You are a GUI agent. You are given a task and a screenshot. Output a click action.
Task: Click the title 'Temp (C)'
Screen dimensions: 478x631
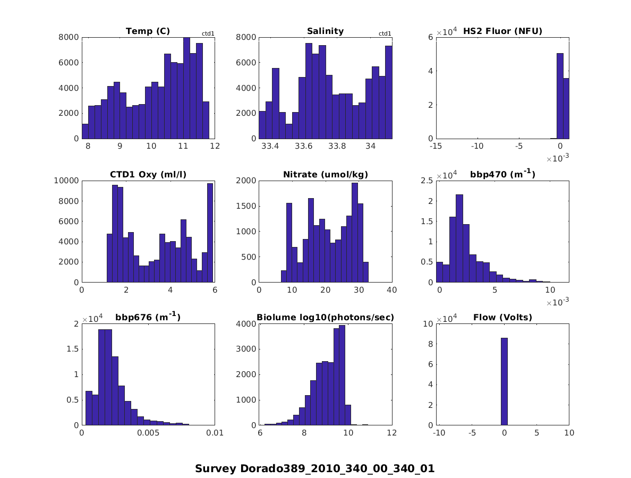click(148, 31)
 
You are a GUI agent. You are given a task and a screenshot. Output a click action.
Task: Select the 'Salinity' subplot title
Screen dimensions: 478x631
click(325, 31)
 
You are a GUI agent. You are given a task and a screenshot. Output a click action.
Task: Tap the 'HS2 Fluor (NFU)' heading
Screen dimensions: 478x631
click(502, 31)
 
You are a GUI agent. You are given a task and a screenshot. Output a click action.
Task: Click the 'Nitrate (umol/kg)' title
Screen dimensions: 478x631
click(325, 175)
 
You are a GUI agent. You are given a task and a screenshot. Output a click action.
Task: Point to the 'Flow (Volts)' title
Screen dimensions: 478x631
click(502, 318)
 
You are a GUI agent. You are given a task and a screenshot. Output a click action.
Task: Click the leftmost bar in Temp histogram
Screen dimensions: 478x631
click(85, 131)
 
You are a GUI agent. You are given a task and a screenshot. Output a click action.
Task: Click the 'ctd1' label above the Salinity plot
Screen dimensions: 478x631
click(385, 34)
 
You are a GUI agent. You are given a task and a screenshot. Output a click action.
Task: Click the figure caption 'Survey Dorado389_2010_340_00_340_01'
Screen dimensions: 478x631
click(314, 469)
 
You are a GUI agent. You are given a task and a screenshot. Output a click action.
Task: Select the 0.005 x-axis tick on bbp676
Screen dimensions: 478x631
click(148, 433)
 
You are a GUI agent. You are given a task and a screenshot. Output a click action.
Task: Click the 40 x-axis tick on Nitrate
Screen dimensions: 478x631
click(392, 290)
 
